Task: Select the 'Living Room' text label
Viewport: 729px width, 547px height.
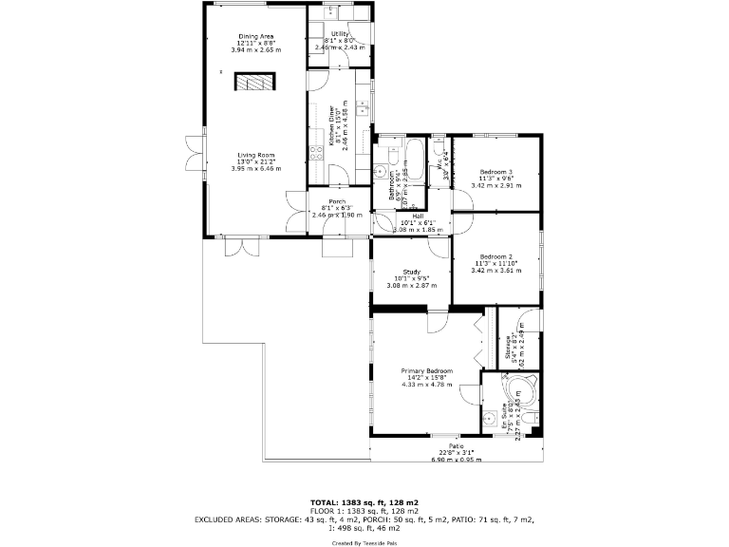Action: point(255,155)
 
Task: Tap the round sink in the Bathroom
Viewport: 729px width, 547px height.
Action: point(380,172)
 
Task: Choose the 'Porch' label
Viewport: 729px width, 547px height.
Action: point(336,201)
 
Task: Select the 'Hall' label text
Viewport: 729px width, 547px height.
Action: point(417,216)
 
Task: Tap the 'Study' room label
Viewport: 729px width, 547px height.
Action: point(411,272)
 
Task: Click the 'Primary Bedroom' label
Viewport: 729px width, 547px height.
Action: point(426,370)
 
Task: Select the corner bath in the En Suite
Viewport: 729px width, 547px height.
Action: point(519,389)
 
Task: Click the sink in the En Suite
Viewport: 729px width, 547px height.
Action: point(489,417)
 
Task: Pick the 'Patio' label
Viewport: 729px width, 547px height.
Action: point(457,445)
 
